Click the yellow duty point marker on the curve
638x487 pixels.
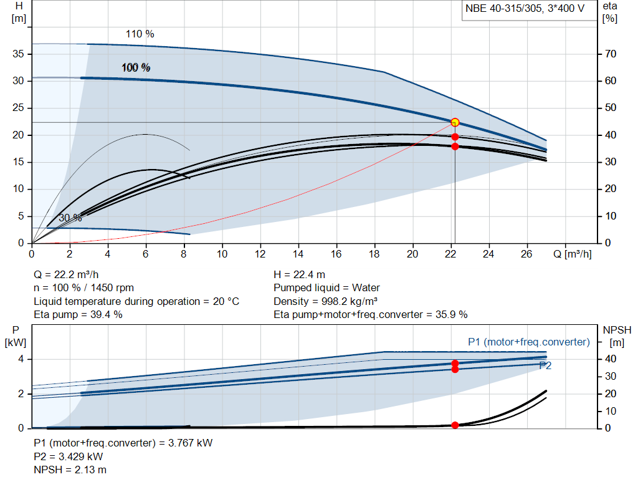click(x=455, y=122)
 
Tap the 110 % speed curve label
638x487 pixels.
click(x=140, y=34)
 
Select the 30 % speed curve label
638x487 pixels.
click(x=70, y=218)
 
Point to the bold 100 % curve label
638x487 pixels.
click(x=136, y=67)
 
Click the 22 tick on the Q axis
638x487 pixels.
click(x=450, y=254)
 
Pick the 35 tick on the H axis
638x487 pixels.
click(x=18, y=54)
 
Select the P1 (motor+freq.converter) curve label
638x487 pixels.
click(x=528, y=342)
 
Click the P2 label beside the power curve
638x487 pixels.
click(x=545, y=366)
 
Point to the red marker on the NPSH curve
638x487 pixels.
click(x=455, y=425)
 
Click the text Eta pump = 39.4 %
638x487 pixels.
click(x=78, y=314)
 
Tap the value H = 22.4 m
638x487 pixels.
click(x=299, y=274)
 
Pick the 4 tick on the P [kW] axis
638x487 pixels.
click(x=21, y=359)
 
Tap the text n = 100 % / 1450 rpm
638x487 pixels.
click(x=83, y=288)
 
